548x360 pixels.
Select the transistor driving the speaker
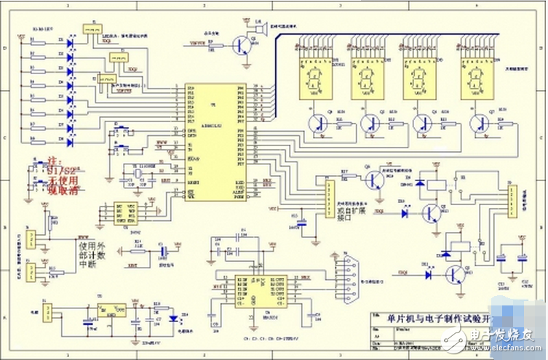coord(239,46)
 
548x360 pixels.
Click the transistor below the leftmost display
coord(317,123)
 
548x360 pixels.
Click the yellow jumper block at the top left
coord(92,30)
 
